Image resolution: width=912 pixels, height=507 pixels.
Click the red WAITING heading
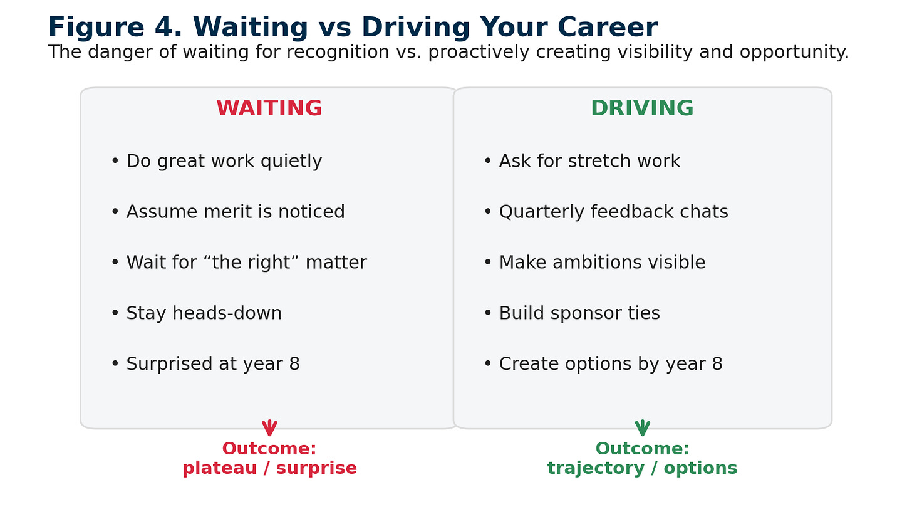[269, 108]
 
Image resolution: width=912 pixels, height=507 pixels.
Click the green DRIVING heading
[642, 108]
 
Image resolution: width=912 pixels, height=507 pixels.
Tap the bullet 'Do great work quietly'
[217, 161]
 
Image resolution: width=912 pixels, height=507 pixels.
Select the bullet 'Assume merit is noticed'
[228, 212]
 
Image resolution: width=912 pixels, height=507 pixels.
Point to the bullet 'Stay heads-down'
[197, 313]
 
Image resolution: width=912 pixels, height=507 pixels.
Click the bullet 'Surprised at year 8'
[205, 364]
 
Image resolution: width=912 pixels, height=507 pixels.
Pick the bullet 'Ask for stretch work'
[583, 161]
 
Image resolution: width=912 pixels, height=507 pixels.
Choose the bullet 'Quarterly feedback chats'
[606, 212]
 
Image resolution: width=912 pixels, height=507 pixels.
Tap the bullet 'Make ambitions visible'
[595, 262]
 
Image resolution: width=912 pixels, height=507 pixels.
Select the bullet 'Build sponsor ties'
[572, 313]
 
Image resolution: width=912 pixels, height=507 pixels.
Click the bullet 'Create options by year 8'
[603, 364]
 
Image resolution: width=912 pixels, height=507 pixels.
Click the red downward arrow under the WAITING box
[269, 428]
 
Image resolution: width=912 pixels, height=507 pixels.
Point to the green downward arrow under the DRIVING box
[643, 428]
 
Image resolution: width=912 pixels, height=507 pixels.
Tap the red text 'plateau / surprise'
[269, 468]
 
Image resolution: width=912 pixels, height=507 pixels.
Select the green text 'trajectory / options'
[642, 468]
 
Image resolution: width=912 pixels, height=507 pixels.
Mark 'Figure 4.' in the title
[115, 28]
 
